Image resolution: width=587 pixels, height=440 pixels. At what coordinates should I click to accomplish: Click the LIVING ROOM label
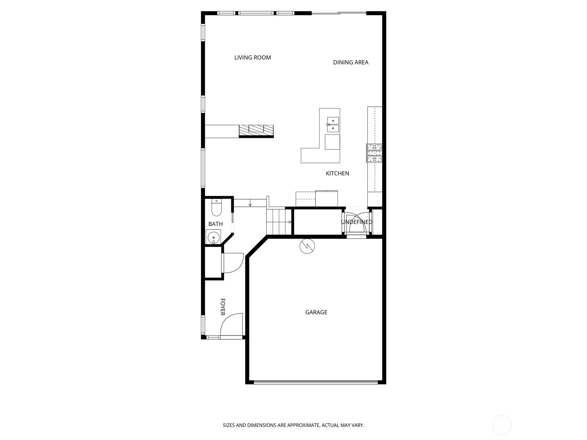click(252, 58)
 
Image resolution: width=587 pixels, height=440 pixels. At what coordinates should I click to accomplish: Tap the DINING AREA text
click(350, 62)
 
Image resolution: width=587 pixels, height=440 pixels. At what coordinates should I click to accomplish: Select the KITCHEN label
click(337, 173)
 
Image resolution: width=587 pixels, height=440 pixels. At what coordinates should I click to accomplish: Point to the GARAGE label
click(316, 312)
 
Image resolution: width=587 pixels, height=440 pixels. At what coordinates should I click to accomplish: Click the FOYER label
click(223, 307)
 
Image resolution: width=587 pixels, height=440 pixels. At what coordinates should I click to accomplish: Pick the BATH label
click(215, 224)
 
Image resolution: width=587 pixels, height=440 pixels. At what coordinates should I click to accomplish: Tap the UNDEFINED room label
click(356, 222)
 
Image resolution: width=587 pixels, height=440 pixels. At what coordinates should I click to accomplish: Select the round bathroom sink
click(213, 237)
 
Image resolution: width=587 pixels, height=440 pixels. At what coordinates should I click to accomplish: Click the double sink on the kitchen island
click(333, 124)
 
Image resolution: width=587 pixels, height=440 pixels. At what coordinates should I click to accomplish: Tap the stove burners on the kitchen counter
click(374, 153)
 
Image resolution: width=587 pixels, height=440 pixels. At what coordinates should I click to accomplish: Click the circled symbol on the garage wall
click(307, 246)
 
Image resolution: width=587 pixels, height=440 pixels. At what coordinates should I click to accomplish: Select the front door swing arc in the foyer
click(231, 325)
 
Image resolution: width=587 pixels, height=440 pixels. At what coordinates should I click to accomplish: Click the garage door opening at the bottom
click(316, 382)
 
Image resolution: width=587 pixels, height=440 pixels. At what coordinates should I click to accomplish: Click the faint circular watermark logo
click(502, 425)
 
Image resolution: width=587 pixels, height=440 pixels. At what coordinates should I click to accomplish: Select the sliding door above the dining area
click(339, 14)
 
